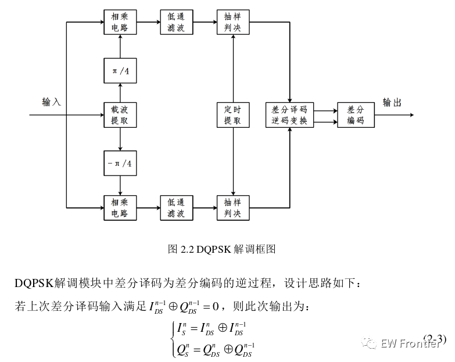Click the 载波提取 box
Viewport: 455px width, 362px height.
pos(119,114)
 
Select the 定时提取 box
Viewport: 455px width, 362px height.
pos(232,114)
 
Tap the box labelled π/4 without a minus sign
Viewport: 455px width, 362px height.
pos(119,71)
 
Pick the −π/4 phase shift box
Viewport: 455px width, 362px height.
pos(119,164)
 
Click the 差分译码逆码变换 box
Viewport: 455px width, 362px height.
pos(289,114)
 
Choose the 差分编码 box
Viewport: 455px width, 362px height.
pos(356,114)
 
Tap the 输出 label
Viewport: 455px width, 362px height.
pos(392,103)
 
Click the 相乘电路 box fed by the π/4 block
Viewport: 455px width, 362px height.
pos(119,21)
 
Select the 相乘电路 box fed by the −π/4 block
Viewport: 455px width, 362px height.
pos(119,207)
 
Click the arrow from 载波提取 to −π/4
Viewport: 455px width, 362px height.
pos(119,139)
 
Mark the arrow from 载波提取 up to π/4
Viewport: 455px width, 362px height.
pos(119,93)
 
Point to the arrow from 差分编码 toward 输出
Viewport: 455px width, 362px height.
pos(394,114)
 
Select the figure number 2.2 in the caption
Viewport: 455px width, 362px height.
pos(187,249)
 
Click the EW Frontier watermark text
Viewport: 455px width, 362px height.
pos(410,343)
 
